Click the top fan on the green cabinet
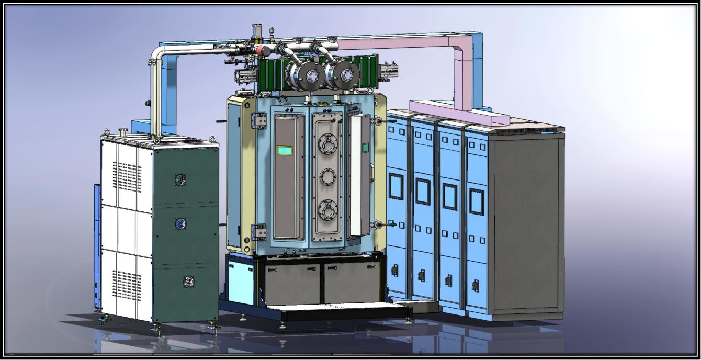pyautogui.click(x=180, y=179)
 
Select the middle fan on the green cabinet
pyautogui.click(x=180, y=224)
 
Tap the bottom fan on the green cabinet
pyautogui.click(x=189, y=282)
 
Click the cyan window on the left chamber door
pyautogui.click(x=285, y=151)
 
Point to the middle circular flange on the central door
pyautogui.click(x=328, y=176)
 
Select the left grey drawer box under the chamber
pyautogui.click(x=292, y=283)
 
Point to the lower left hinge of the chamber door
pyautogui.click(x=259, y=231)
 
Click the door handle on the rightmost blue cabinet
pyautogui.click(x=476, y=286)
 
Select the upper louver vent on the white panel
pyautogui.click(x=127, y=176)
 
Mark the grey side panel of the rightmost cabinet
pyautogui.click(x=526, y=220)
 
